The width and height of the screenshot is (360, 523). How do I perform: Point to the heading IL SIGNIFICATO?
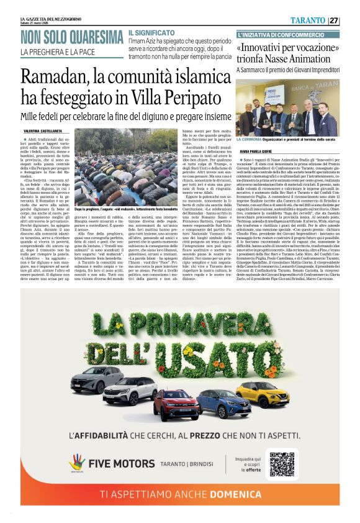[x=151, y=32]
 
